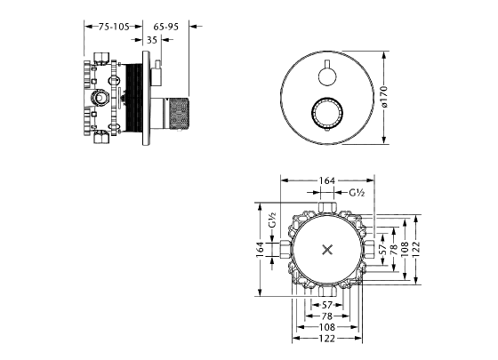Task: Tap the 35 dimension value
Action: tap(151, 40)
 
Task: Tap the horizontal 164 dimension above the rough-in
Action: tap(327, 180)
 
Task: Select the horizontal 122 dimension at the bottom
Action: tap(327, 340)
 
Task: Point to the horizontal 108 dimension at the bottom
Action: tap(327, 327)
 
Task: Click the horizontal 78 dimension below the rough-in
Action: tap(327, 316)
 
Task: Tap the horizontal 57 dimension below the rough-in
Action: tap(327, 304)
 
